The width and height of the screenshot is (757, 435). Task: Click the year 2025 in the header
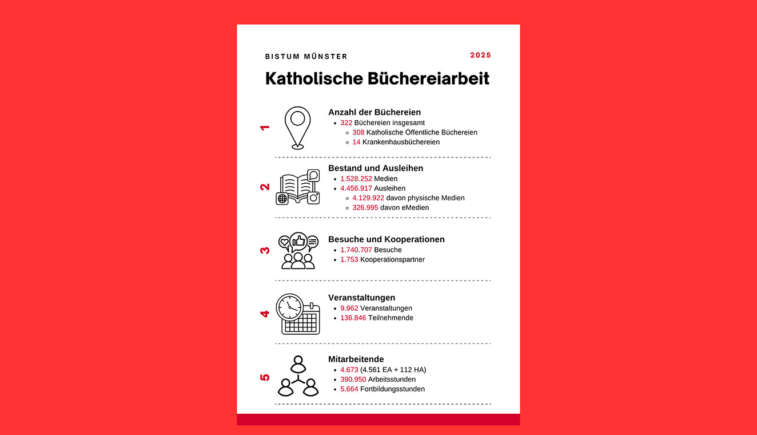point(480,56)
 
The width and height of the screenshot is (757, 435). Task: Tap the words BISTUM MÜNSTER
point(306,57)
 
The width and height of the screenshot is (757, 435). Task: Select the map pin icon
point(298,128)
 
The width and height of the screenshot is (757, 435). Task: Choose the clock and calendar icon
point(298,314)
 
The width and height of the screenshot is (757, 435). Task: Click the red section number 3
point(265,250)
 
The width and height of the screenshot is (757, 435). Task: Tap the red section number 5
point(265,377)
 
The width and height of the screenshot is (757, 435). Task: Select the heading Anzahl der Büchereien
point(374,112)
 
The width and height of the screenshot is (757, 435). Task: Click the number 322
point(346,122)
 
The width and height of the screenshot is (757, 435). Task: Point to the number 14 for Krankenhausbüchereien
point(356,142)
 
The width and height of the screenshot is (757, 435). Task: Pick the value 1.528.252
point(356,179)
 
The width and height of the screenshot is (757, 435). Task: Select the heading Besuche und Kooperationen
point(386,239)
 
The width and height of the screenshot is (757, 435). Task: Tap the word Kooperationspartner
point(392,259)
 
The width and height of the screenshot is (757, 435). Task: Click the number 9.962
point(349,308)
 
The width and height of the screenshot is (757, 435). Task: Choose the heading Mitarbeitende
point(356,359)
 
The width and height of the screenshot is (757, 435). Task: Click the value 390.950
point(353,379)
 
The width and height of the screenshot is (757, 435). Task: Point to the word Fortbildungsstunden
point(392,389)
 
